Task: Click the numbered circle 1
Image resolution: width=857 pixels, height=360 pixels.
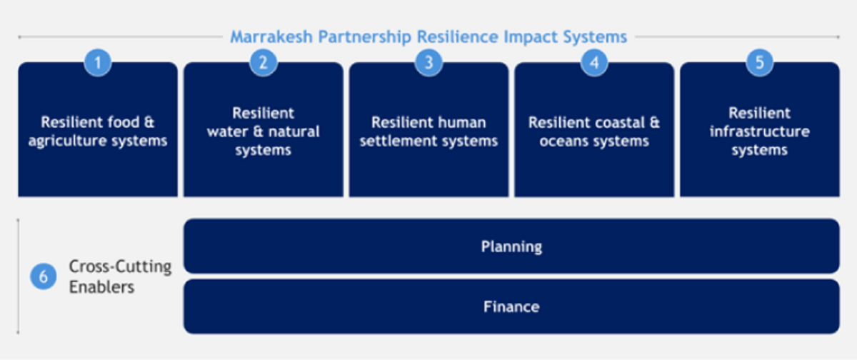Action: click(x=98, y=62)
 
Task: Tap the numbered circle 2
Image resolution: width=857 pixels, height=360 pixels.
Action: click(x=264, y=62)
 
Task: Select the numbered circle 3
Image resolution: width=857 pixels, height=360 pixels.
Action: click(x=429, y=62)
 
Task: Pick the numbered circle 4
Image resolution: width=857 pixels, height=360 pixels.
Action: click(x=594, y=62)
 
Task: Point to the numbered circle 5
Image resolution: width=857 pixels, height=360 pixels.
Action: click(x=760, y=62)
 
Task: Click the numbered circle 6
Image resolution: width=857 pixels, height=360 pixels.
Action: click(x=44, y=276)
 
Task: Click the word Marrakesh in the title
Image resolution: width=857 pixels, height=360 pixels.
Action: click(x=271, y=37)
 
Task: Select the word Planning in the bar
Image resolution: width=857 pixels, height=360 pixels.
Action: click(x=511, y=246)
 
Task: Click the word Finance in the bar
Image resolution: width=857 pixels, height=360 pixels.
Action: click(x=511, y=307)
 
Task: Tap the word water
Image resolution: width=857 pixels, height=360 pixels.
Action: click(x=228, y=132)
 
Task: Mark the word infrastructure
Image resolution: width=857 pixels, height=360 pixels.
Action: click(x=760, y=131)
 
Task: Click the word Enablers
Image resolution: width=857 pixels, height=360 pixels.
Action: click(x=101, y=287)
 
